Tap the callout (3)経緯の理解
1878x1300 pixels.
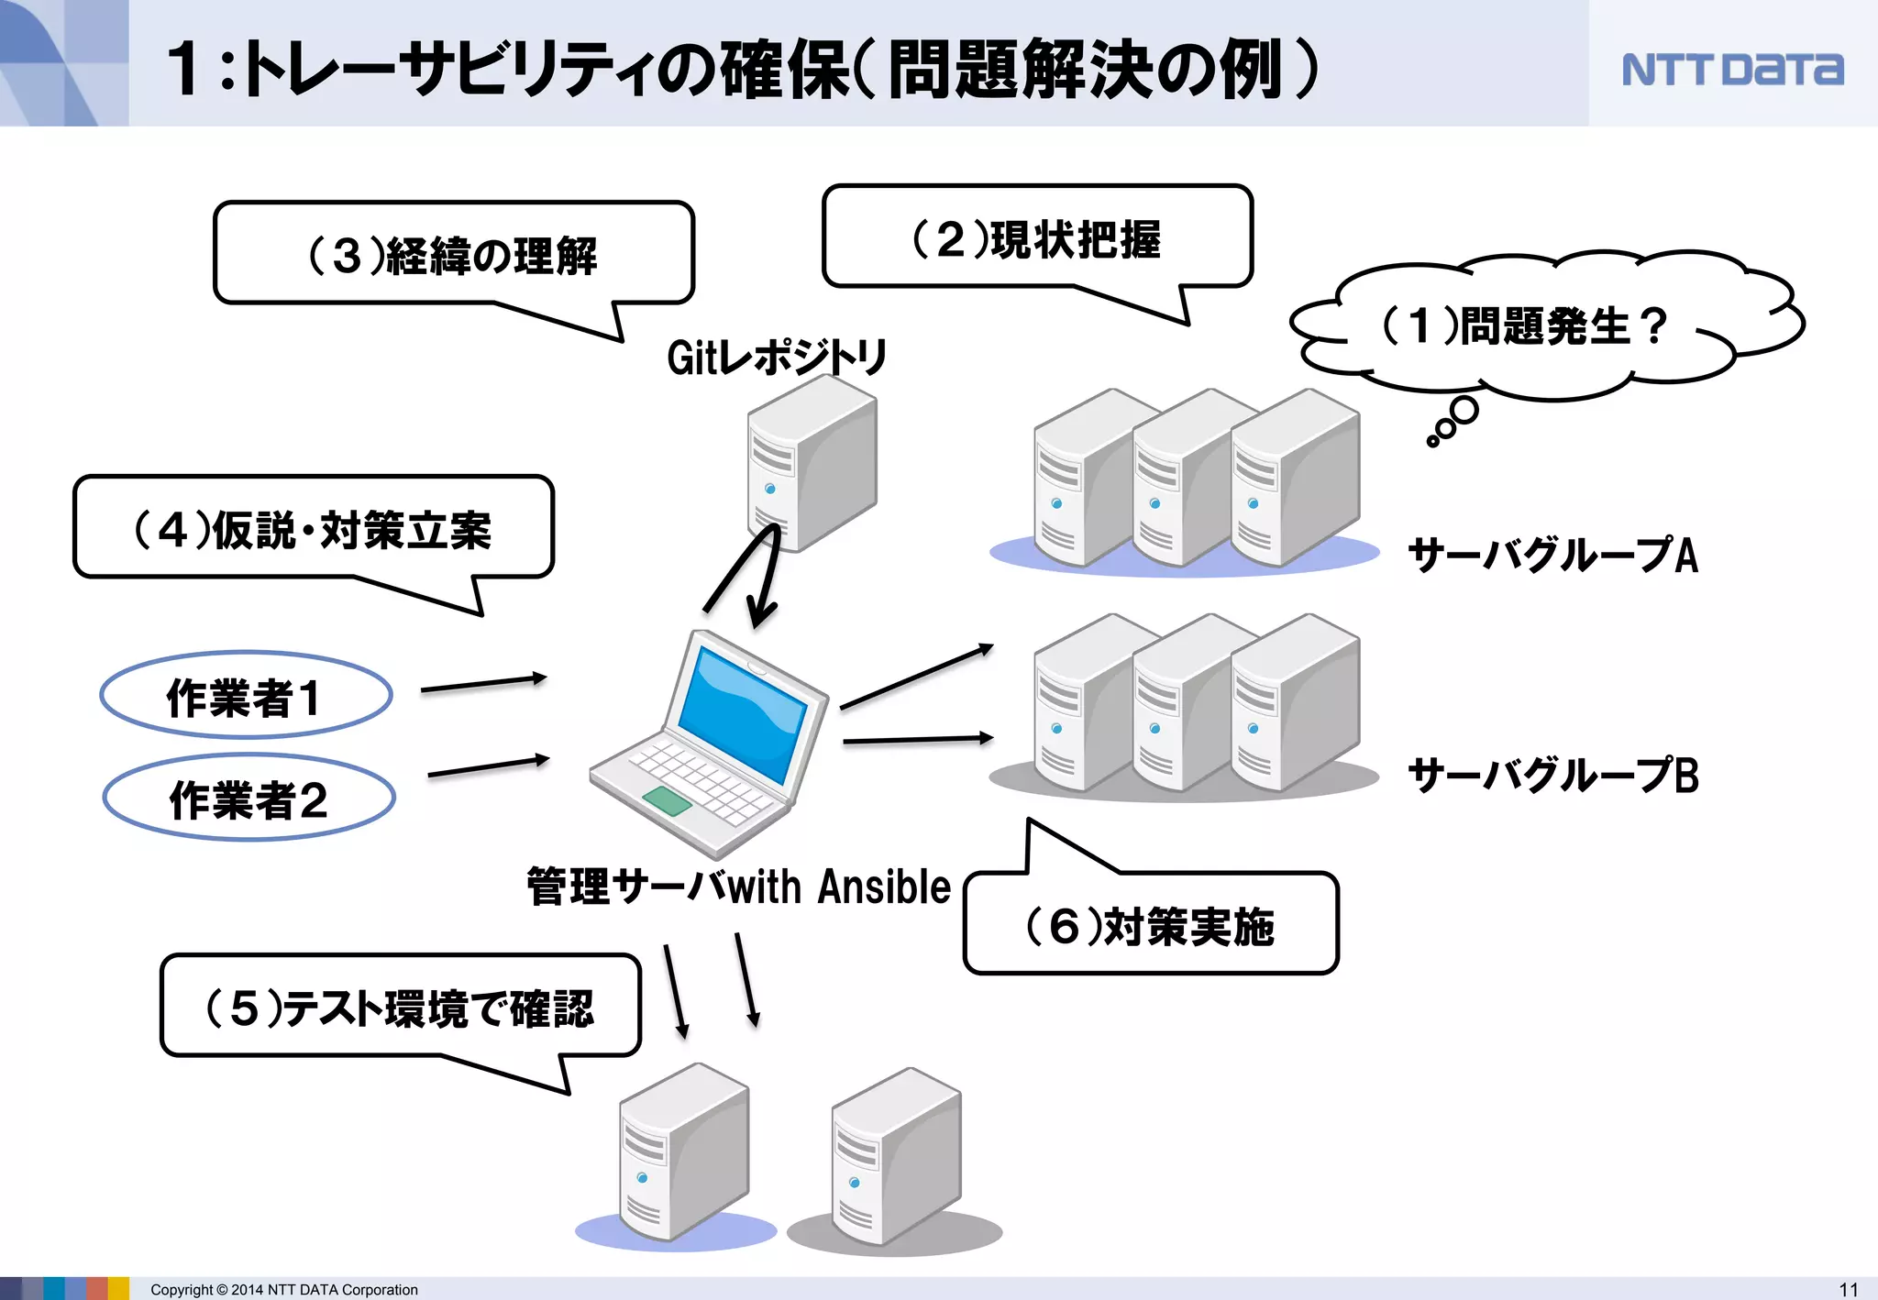coord(453,254)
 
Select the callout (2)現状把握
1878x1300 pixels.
coord(1036,238)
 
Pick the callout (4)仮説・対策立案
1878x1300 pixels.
coord(313,529)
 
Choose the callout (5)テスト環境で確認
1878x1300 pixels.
coord(400,1008)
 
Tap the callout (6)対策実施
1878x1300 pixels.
coord(1150,924)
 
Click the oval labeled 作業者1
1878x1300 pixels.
coord(246,696)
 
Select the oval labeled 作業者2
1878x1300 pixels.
coord(249,799)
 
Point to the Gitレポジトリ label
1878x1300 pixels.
coord(776,357)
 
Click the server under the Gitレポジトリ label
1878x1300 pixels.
coord(811,463)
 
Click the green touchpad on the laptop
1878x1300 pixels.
coord(668,800)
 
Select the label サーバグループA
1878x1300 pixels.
coord(1552,556)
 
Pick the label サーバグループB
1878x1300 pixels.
coord(1552,776)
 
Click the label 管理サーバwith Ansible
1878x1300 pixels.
coord(738,887)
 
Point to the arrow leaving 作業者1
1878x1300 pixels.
coord(483,684)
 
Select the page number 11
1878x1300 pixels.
coord(1848,1289)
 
